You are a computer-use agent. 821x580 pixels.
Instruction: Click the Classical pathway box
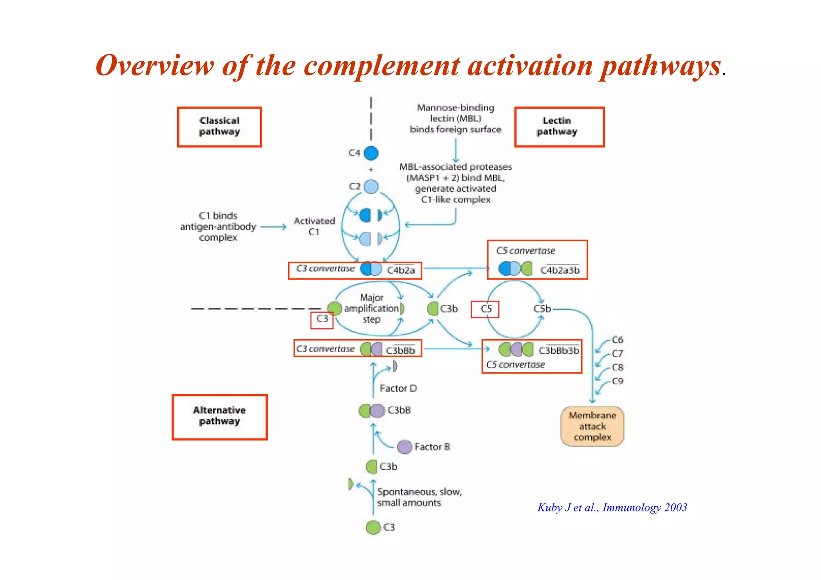(219, 127)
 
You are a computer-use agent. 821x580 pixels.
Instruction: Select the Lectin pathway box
(559, 127)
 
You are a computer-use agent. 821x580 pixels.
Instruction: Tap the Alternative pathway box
(219, 417)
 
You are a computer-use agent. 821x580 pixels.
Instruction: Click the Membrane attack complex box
(592, 426)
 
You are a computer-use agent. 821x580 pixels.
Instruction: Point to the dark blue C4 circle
(371, 153)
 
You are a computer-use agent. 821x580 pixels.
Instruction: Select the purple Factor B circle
(404, 447)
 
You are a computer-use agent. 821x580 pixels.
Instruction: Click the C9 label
(617, 381)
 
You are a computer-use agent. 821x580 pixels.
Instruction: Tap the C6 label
(617, 340)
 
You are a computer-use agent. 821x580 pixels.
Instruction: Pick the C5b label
(542, 309)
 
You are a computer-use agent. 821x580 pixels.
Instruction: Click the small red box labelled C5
(485, 309)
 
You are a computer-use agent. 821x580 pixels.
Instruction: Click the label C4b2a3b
(560, 271)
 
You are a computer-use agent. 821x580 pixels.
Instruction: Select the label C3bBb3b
(558, 351)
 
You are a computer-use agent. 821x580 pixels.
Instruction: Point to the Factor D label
(398, 388)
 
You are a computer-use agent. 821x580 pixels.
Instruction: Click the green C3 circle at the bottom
(373, 527)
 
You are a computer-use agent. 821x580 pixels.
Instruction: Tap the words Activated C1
(314, 226)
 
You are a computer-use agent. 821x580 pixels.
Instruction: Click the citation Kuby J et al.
(612, 507)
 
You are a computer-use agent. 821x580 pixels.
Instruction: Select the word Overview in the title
(155, 65)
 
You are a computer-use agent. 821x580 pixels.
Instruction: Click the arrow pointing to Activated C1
(273, 227)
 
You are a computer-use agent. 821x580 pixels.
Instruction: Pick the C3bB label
(399, 410)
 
